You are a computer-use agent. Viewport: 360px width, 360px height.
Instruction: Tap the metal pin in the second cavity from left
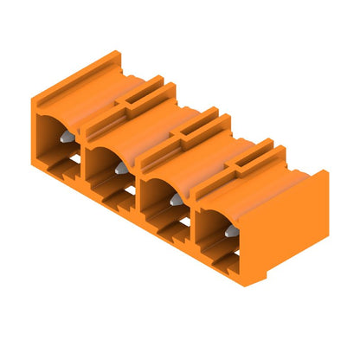pyautogui.click(x=120, y=167)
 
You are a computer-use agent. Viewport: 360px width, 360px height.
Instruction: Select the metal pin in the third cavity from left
pyautogui.click(x=176, y=198)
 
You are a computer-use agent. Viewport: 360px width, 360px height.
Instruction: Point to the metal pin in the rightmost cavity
pyautogui.click(x=231, y=230)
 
